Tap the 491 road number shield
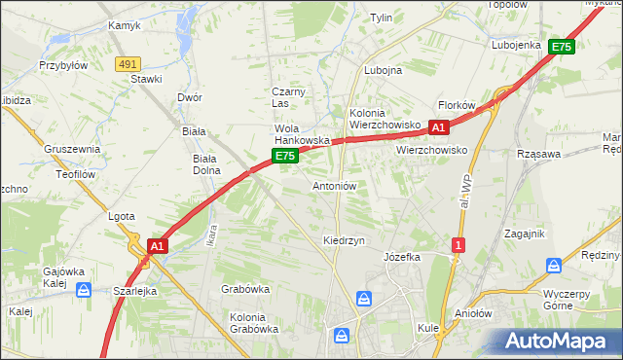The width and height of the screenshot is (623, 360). [128, 63]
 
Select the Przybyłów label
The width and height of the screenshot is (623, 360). [63, 65]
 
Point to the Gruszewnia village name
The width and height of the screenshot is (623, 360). [72, 149]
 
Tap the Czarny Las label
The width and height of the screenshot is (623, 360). [288, 97]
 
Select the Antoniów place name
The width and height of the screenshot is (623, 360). [335, 185]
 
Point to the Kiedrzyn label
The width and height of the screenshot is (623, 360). [344, 239]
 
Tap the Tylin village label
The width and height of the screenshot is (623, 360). [381, 18]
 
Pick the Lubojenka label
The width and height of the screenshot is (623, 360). [516, 45]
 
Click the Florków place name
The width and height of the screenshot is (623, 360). [456, 105]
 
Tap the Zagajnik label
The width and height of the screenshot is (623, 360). [524, 234]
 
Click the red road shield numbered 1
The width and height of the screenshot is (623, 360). [457, 245]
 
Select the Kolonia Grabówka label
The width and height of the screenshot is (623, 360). [254, 322]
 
